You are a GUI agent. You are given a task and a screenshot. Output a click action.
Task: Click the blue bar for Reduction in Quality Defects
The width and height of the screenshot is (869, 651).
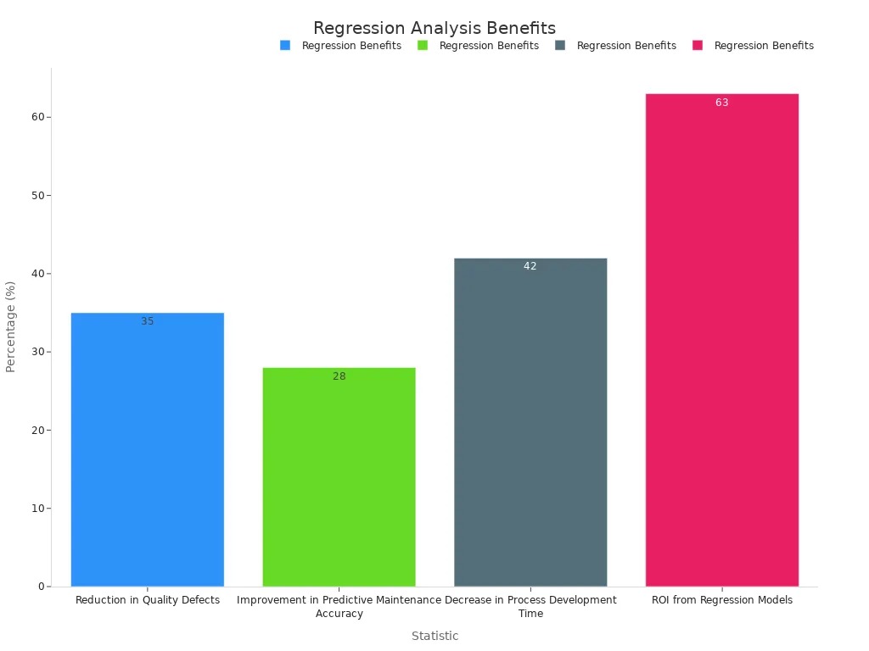point(148,449)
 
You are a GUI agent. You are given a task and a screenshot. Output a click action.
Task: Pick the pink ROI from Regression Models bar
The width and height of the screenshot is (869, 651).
point(722,340)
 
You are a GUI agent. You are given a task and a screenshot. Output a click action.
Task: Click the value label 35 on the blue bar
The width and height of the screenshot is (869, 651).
point(148,321)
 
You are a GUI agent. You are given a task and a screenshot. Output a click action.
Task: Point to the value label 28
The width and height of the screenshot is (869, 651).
point(339,376)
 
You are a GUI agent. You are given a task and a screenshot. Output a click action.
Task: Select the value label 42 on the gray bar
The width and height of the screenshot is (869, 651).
point(530,266)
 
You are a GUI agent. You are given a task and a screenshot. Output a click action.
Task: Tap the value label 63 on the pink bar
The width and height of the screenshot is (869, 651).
point(722,103)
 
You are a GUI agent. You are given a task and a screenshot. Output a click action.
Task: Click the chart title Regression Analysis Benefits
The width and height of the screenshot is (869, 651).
point(434,28)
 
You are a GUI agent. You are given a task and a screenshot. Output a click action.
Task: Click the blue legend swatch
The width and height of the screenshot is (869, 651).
point(285,46)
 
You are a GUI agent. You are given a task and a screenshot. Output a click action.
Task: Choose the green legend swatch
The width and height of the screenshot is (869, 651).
point(423,46)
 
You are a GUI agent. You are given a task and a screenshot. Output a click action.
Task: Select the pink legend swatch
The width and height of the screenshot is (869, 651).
point(698,46)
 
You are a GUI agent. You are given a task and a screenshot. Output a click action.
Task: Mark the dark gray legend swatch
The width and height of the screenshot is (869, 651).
point(560,46)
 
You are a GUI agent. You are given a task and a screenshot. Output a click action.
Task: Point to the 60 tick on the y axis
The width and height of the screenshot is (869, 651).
point(38,117)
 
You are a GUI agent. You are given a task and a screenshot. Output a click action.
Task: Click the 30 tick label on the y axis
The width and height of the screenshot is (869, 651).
point(38,352)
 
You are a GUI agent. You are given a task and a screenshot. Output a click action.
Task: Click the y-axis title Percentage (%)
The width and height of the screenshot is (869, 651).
point(11,326)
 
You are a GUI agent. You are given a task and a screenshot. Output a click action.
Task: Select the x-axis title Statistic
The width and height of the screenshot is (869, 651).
point(434,636)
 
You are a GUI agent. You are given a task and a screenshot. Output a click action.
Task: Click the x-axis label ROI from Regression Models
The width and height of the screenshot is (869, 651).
point(722,600)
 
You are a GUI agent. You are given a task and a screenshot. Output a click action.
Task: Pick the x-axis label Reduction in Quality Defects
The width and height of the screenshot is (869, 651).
point(148,600)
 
